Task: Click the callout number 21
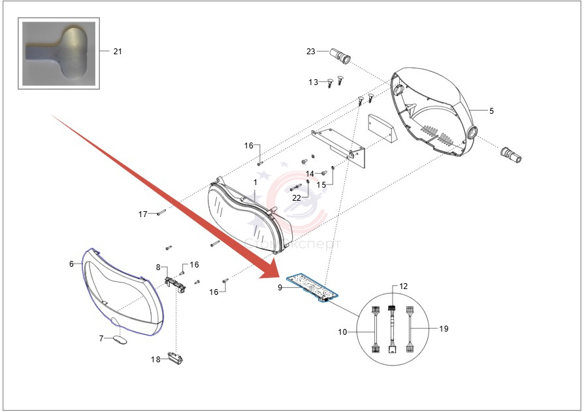[x=117, y=51]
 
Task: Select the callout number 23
[x=311, y=51]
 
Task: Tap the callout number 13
[x=314, y=82]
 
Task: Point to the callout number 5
[x=491, y=111]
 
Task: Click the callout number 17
[x=143, y=214]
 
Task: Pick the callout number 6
[x=71, y=264]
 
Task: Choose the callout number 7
[x=101, y=338]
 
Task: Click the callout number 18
[x=155, y=359]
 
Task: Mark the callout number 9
[x=280, y=286]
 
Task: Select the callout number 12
[x=403, y=286]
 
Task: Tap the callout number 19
[x=444, y=328]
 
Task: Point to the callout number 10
[x=343, y=332]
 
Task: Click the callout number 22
[x=297, y=197]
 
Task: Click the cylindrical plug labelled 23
[x=341, y=55]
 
